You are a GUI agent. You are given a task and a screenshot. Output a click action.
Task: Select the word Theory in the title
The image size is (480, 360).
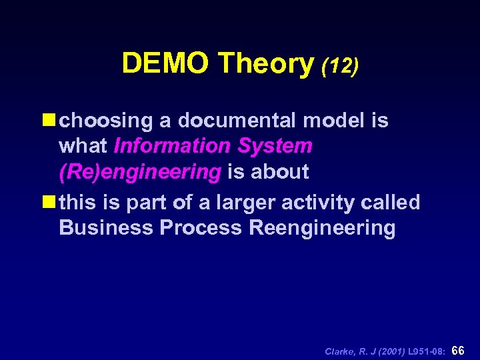pyautogui.click(x=265, y=64)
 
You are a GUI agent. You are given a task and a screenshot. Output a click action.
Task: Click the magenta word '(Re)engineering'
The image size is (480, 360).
pyautogui.click(x=140, y=172)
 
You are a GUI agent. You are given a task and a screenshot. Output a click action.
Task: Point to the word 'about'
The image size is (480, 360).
pyautogui.click(x=280, y=172)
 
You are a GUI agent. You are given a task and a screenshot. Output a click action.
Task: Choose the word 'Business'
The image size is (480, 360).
pyautogui.click(x=106, y=228)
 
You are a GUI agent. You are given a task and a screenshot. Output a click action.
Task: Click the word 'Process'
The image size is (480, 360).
pyautogui.click(x=201, y=228)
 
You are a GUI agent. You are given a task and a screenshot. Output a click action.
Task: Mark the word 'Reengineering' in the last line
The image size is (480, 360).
pyautogui.click(x=322, y=229)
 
